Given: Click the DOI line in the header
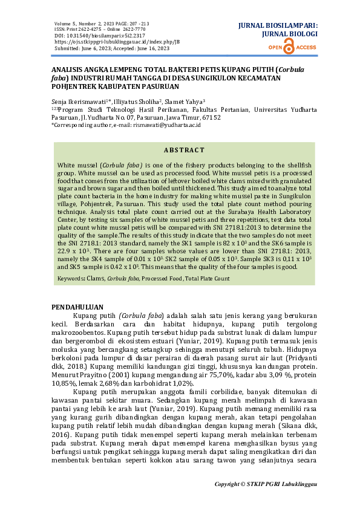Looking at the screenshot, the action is click(87, 36).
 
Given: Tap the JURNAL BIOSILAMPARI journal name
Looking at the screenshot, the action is click(278, 27).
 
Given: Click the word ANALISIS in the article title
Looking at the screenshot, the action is click(68, 70).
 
